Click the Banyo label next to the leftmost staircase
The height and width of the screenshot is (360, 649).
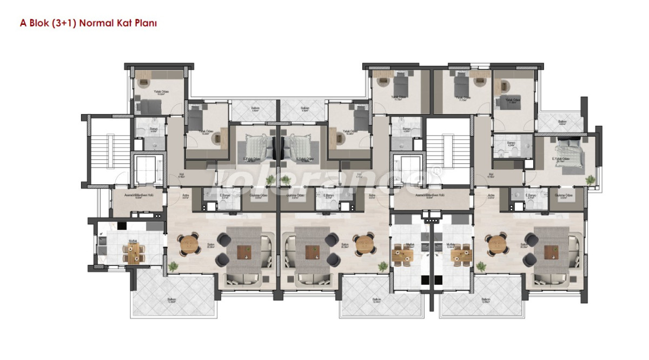point(147,129)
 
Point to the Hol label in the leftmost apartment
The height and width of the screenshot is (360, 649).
point(182,175)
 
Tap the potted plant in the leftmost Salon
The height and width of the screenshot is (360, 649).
point(173,266)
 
